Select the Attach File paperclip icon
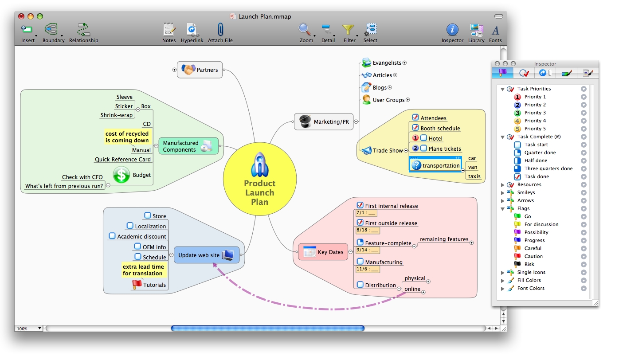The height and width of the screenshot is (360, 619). click(220, 30)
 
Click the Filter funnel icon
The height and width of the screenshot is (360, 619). click(349, 30)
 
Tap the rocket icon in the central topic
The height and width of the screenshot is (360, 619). click(259, 164)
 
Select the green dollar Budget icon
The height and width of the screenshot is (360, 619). click(121, 175)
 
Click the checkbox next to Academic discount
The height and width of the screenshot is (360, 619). click(112, 236)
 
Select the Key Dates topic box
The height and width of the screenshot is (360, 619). click(323, 252)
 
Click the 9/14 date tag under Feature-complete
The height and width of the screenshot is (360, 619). click(368, 250)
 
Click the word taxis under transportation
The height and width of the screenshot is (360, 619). click(474, 176)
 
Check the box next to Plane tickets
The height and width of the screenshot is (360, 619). click(424, 149)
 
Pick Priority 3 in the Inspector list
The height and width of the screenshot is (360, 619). click(535, 113)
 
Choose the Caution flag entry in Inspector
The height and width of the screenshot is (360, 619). click(533, 256)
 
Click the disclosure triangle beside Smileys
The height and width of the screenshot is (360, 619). click(503, 193)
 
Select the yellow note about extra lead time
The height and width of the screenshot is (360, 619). click(143, 270)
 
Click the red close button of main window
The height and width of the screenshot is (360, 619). click(21, 16)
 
